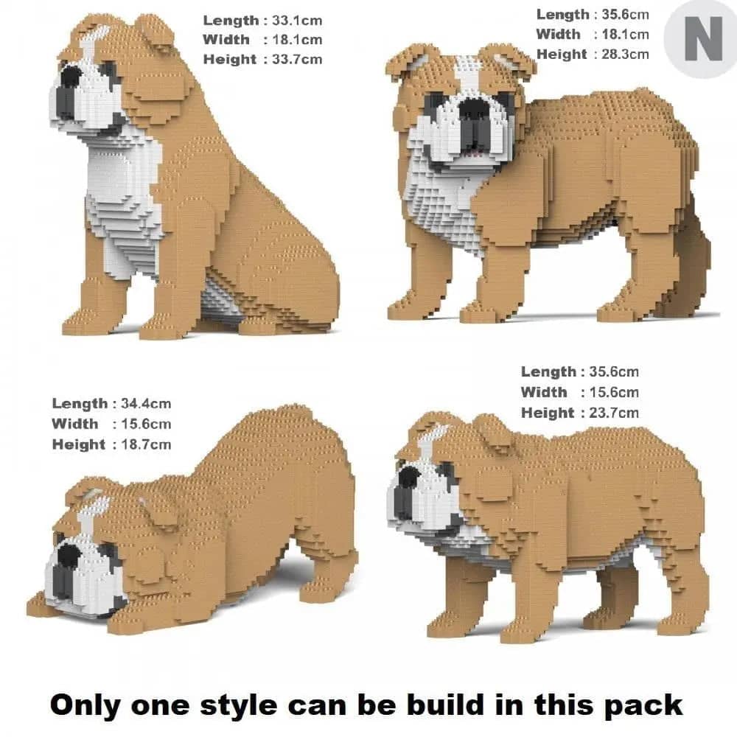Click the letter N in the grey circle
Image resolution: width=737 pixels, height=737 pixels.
pyautogui.click(x=702, y=41)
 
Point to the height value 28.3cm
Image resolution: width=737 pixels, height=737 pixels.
pyautogui.click(x=624, y=54)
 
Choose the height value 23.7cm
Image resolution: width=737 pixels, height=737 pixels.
pyautogui.click(x=614, y=413)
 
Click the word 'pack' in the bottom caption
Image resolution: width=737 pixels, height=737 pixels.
pyautogui.click(x=641, y=705)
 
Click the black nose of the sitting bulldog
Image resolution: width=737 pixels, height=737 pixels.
pyautogui.click(x=71, y=77)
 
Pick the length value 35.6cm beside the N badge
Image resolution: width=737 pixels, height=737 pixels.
pyautogui.click(x=624, y=14)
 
